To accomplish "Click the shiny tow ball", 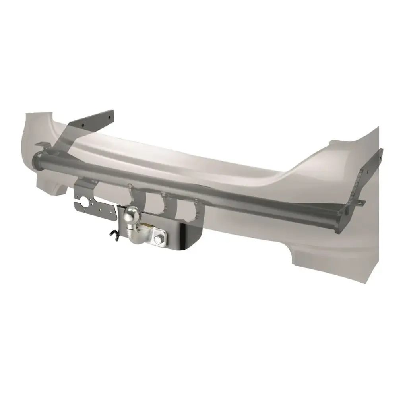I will pos(132,217).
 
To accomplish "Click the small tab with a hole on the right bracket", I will pos(360,203).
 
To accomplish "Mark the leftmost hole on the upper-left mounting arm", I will pos(83,124).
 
